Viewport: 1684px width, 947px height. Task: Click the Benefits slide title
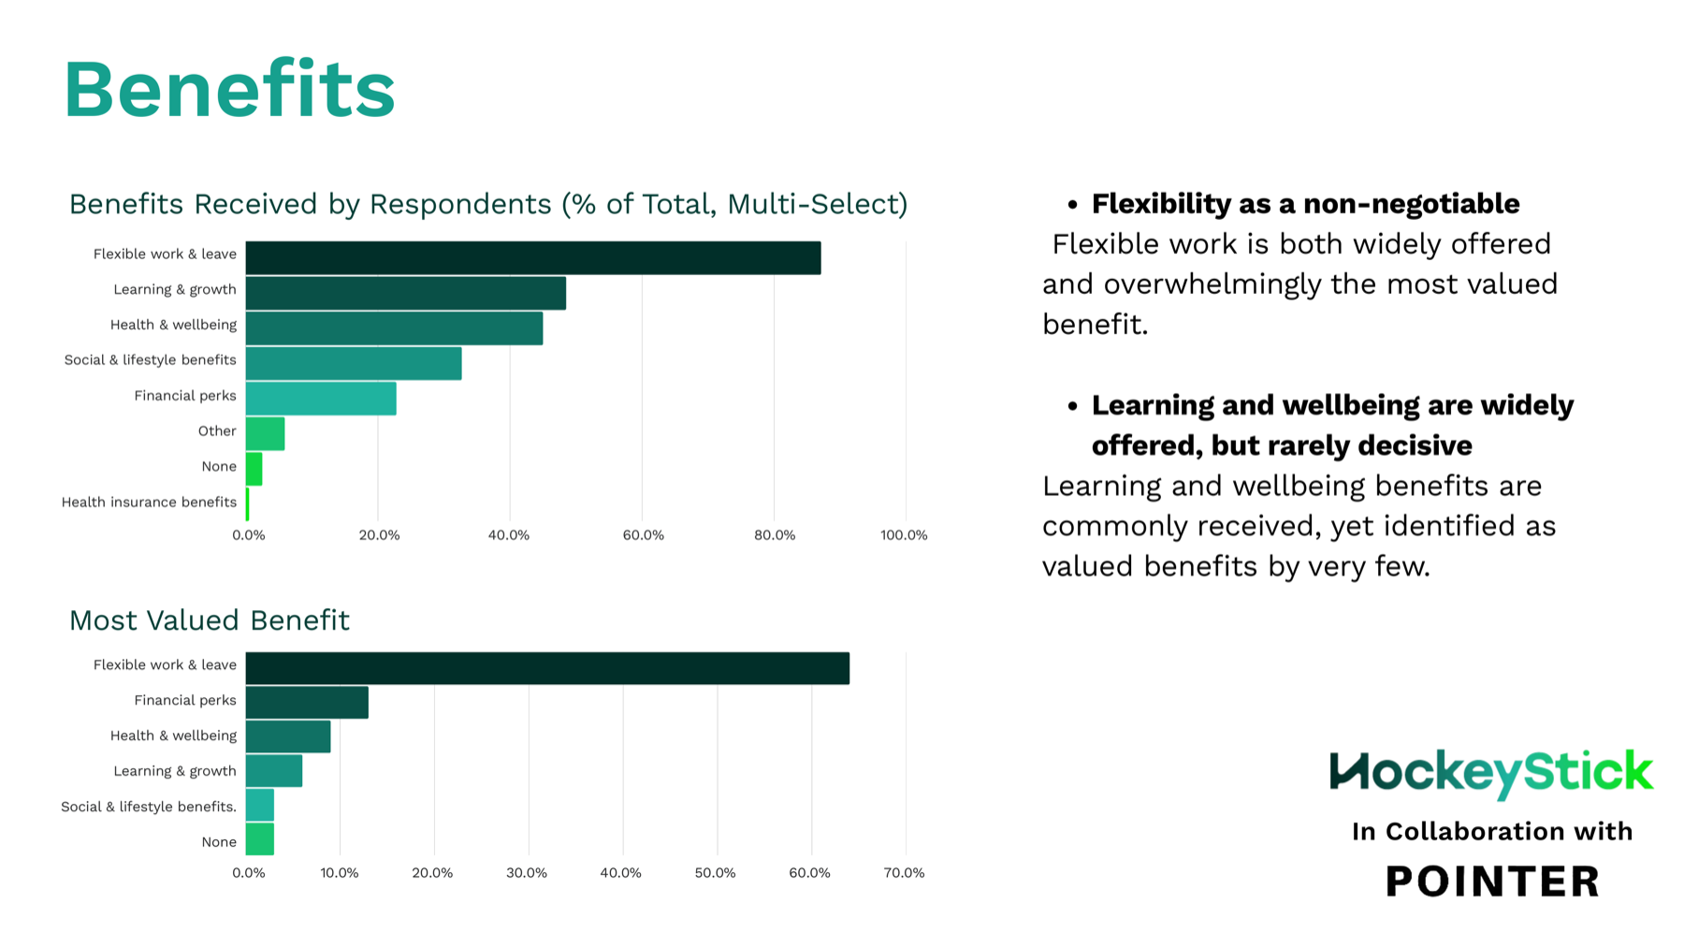point(229,90)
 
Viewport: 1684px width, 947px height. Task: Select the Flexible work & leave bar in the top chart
point(532,257)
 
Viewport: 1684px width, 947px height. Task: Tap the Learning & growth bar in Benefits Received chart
point(405,293)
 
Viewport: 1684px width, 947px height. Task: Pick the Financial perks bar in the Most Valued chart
point(307,702)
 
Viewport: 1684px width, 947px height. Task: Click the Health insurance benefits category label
point(149,503)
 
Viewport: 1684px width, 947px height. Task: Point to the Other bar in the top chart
point(265,434)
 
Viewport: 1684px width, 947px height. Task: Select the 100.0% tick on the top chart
point(904,535)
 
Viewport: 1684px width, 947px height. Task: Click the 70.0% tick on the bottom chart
point(904,873)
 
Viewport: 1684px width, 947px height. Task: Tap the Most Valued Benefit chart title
point(210,620)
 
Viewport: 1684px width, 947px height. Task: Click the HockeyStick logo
point(1491,773)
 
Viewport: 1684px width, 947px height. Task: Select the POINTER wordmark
point(1492,881)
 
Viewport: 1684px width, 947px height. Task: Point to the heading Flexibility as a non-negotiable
point(1305,204)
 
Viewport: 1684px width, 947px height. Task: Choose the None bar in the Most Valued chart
point(259,839)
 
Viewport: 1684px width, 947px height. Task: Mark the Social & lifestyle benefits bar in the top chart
point(353,363)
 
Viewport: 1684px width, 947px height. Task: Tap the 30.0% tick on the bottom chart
point(527,873)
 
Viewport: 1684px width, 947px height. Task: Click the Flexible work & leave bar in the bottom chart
point(547,668)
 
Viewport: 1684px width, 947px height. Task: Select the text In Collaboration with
point(1492,831)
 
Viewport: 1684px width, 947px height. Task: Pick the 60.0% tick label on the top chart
point(643,535)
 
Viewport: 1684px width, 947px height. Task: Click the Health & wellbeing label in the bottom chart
point(173,736)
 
